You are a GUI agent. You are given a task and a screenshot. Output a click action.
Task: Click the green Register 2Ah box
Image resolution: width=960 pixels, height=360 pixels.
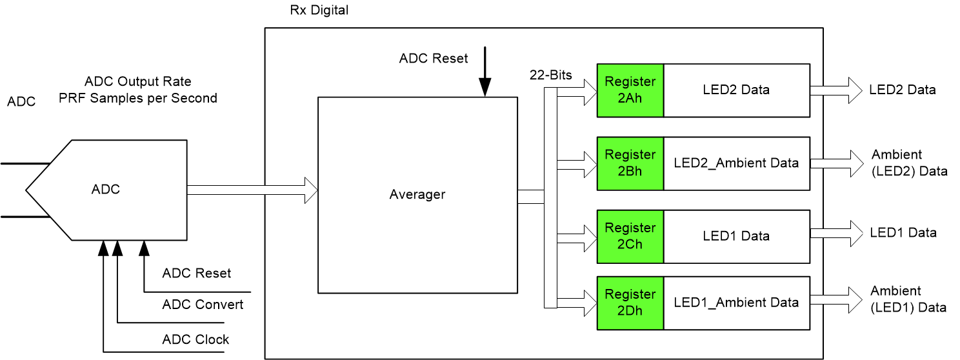click(x=630, y=90)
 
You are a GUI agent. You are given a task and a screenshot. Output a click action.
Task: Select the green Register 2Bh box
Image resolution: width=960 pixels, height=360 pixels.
click(x=630, y=163)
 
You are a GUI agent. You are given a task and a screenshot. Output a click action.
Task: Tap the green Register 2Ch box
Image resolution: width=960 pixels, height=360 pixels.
click(x=630, y=236)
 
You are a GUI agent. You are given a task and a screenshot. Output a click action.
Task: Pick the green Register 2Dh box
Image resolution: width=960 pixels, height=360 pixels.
click(x=630, y=303)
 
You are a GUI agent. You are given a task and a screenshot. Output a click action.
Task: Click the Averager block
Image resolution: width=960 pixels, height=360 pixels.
click(x=417, y=194)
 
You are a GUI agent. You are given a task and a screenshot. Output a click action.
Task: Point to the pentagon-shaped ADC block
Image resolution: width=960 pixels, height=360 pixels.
click(x=106, y=190)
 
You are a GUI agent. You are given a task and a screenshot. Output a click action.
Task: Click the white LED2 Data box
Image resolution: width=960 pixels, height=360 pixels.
click(x=736, y=90)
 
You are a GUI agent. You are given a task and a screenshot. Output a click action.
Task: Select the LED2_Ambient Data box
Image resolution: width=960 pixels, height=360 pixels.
click(x=736, y=163)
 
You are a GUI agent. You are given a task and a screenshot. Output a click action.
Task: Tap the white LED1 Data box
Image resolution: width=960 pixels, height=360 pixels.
click(x=736, y=236)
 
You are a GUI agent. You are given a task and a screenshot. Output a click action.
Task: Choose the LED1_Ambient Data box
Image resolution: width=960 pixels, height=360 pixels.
click(x=736, y=303)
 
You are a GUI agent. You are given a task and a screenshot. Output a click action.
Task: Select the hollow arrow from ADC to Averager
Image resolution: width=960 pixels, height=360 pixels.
click(x=252, y=190)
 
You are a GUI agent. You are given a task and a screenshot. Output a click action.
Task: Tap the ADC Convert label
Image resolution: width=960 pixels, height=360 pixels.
click(x=203, y=305)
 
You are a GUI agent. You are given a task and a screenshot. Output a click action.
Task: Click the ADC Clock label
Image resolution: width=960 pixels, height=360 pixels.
click(x=195, y=339)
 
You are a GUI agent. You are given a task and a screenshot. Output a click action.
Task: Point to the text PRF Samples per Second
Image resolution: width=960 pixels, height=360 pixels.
click(x=138, y=98)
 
